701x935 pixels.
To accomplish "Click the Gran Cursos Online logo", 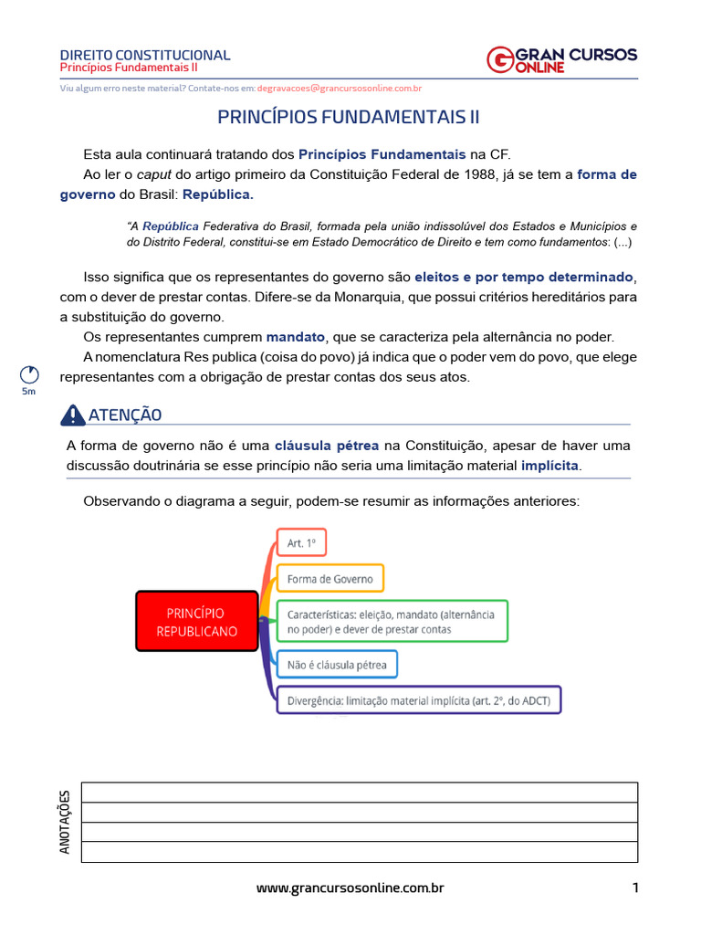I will (561, 59).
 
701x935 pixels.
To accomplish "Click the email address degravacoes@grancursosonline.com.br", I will (339, 89).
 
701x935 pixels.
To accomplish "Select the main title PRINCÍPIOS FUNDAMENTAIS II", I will (348, 118).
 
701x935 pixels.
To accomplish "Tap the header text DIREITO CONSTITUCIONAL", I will (145, 55).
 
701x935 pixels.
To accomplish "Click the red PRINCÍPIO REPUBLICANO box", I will (196, 622).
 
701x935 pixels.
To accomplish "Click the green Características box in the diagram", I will (392, 621).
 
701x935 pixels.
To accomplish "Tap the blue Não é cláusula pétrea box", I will (337, 665).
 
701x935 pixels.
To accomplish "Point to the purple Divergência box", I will (419, 700).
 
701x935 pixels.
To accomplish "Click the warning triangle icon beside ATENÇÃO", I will (72, 415).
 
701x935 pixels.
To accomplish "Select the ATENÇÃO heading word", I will (125, 415).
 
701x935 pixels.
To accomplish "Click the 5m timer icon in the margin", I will (29, 375).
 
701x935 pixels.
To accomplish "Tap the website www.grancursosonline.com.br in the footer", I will (350, 888).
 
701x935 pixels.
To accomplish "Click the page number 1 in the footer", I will (634, 888).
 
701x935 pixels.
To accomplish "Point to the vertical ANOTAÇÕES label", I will (65, 822).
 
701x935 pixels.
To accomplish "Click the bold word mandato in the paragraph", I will (295, 337).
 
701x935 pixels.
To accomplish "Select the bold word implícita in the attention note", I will (549, 466).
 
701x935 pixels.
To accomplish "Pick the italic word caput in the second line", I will (153, 175).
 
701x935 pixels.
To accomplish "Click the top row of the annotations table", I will (360, 793).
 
